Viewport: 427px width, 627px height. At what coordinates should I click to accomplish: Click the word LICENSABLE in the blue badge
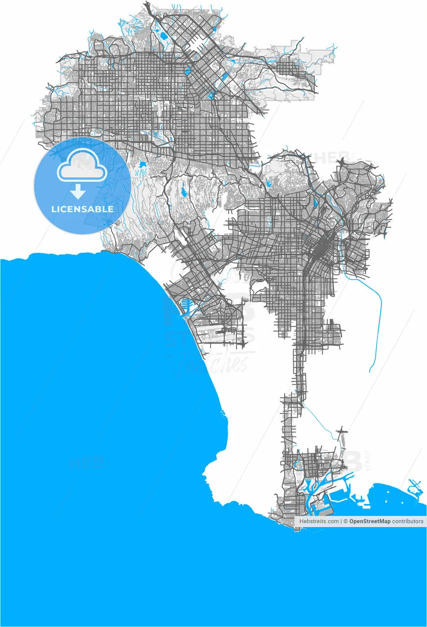pos(82,209)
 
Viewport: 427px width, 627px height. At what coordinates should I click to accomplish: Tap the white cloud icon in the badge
pos(82,167)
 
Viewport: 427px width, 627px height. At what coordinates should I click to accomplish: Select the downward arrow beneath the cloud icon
pos(78,192)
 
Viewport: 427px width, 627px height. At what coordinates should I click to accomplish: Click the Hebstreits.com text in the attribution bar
pos(319,522)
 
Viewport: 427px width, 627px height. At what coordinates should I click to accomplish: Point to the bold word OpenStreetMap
pos(370,522)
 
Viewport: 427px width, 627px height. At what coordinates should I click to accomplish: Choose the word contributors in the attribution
pos(408,522)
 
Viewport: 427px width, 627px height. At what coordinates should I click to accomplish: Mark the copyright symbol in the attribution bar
pos(345,522)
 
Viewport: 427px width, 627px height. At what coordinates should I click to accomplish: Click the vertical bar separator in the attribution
pos(341,522)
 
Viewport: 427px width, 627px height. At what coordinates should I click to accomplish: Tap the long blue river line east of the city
pos(379,318)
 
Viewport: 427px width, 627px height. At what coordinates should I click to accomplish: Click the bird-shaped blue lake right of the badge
pos(142,166)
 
